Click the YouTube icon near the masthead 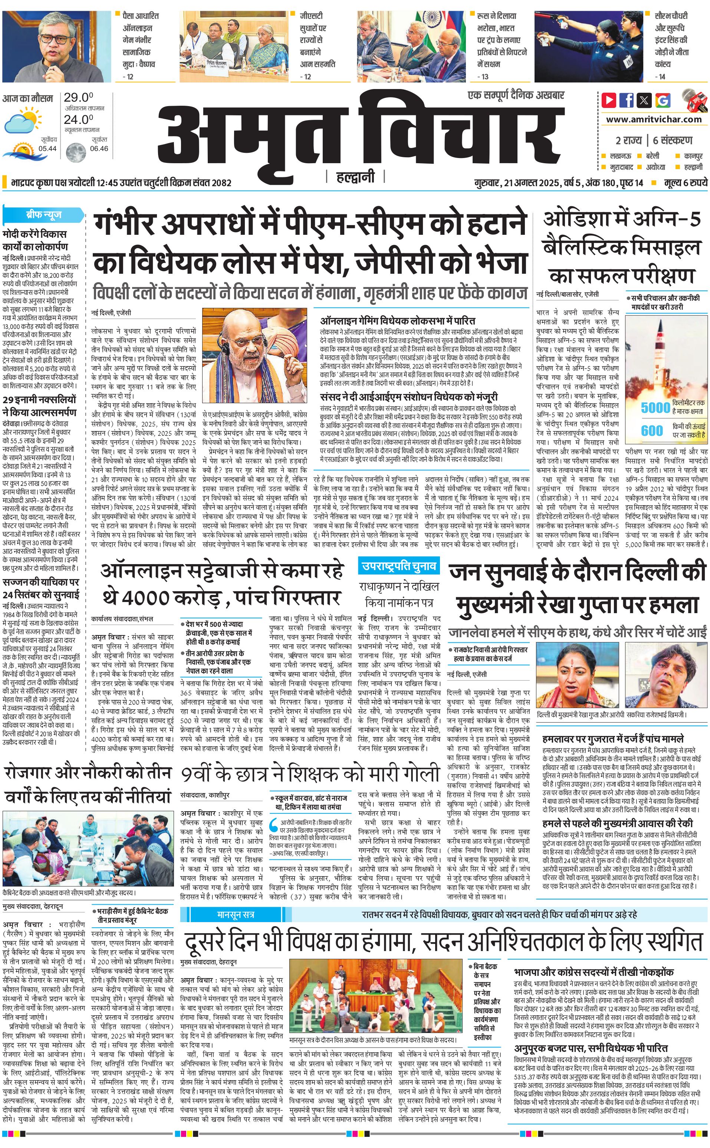tap(609, 100)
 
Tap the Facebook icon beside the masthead tap(627, 100)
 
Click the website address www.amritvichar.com tap(654, 119)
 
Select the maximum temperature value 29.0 tap(78, 98)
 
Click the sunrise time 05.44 tap(48, 148)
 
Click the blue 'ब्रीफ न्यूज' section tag tap(44, 215)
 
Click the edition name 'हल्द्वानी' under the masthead tap(355, 177)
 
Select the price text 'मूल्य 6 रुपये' tap(685, 182)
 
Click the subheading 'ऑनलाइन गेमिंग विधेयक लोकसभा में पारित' tap(397, 321)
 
